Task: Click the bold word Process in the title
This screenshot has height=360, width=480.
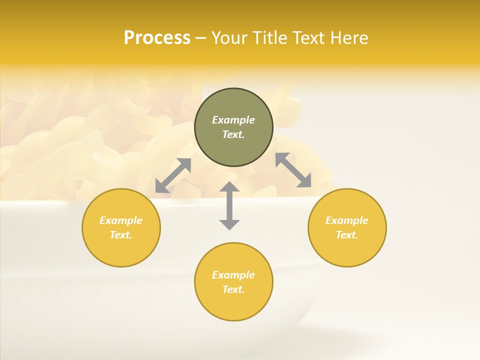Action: click(x=157, y=38)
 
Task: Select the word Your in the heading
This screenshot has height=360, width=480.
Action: click(x=229, y=38)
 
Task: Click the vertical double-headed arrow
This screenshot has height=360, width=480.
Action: click(x=229, y=205)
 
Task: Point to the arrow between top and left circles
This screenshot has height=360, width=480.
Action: click(x=173, y=175)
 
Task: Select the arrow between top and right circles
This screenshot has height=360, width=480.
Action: click(x=293, y=170)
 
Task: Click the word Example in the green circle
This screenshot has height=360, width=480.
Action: click(x=233, y=120)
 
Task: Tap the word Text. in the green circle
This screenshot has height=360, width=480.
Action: click(x=233, y=134)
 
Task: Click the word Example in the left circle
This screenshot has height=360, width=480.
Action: click(x=121, y=220)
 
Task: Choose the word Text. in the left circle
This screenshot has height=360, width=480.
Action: click(x=121, y=235)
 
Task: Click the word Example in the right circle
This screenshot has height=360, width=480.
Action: click(x=347, y=220)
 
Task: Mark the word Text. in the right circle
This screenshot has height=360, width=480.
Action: click(x=347, y=235)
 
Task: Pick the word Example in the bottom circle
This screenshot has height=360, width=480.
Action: click(x=233, y=275)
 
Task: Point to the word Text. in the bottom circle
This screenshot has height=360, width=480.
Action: click(x=233, y=289)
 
